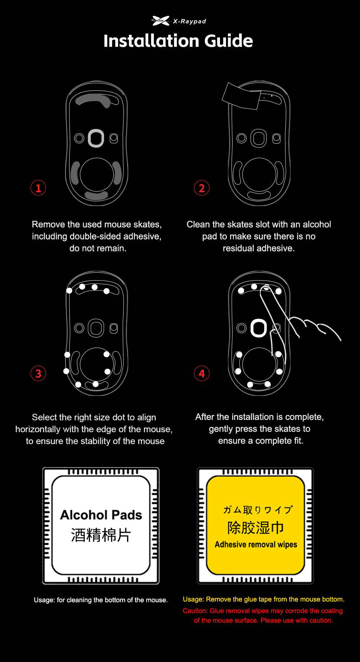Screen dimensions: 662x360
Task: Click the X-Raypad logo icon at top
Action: pyautogui.click(x=161, y=21)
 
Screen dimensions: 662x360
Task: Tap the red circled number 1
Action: pyautogui.click(x=39, y=188)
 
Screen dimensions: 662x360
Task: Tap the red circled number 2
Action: pyautogui.click(x=201, y=188)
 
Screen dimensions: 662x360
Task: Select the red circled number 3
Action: pyautogui.click(x=39, y=373)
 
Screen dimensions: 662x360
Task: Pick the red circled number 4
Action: pyautogui.click(x=202, y=373)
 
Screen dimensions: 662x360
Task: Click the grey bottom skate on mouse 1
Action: pyautogui.click(x=96, y=196)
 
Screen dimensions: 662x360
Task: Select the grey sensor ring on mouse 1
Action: pyautogui.click(x=96, y=138)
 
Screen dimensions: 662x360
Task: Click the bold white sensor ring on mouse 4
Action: pyautogui.click(x=258, y=328)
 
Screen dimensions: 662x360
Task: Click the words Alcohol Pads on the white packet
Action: pyautogui.click(x=101, y=515)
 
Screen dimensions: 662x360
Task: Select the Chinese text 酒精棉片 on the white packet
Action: pyautogui.click(x=101, y=535)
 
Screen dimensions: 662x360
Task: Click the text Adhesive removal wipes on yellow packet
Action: pyautogui.click(x=256, y=544)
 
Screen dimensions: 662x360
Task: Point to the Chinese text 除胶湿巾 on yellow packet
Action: pyautogui.click(x=256, y=528)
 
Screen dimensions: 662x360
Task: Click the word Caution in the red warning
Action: pyautogui.click(x=195, y=611)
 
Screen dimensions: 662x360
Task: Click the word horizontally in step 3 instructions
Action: pyautogui.click(x=38, y=429)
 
